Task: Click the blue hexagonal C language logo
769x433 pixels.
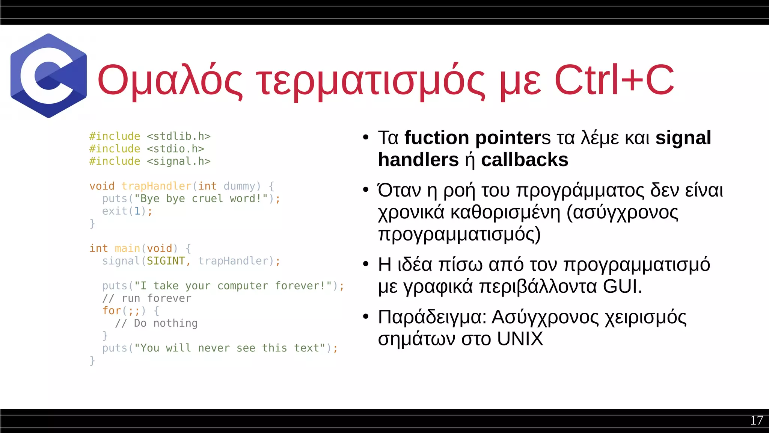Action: [x=48, y=76]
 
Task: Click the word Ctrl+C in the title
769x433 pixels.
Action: [x=614, y=80]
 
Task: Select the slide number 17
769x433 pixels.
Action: [x=756, y=420]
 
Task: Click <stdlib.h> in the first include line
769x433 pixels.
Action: [x=179, y=136]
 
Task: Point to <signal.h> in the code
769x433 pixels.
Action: [x=179, y=161]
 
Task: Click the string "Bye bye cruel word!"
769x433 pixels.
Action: [x=201, y=198]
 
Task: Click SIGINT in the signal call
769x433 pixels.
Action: [x=166, y=261]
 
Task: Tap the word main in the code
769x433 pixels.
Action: [x=127, y=248]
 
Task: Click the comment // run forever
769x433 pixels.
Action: [x=147, y=298]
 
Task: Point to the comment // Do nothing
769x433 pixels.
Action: [x=156, y=323]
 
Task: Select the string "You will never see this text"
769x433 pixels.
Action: [x=230, y=348]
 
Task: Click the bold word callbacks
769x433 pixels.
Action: [x=525, y=160]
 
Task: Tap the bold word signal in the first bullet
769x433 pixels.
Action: [x=683, y=138]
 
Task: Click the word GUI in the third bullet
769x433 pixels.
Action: [x=622, y=286]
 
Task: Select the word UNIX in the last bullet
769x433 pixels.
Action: [x=520, y=339]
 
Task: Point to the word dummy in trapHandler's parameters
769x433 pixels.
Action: [x=239, y=186]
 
